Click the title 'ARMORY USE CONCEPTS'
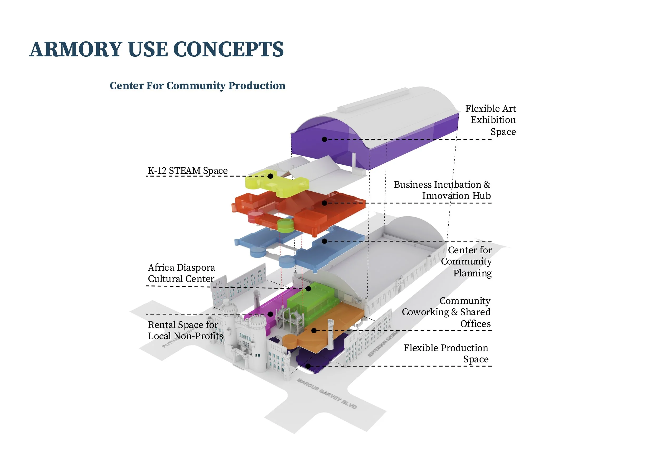click(x=156, y=49)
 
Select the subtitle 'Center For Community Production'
click(x=197, y=85)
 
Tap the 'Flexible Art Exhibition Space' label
click(x=492, y=120)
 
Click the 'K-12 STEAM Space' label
click(x=188, y=171)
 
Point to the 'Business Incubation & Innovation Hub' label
click(x=442, y=190)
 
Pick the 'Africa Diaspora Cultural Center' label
click(x=181, y=273)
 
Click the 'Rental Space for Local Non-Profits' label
click(x=185, y=330)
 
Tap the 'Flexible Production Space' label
click(x=446, y=353)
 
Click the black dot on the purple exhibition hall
click(x=324, y=139)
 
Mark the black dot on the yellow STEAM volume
click(x=270, y=176)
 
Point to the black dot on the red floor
click(x=324, y=203)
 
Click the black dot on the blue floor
click(x=324, y=241)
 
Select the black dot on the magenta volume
click(x=270, y=314)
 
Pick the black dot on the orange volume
click(x=314, y=331)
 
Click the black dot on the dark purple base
click(x=308, y=366)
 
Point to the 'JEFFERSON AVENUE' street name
click(x=384, y=343)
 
